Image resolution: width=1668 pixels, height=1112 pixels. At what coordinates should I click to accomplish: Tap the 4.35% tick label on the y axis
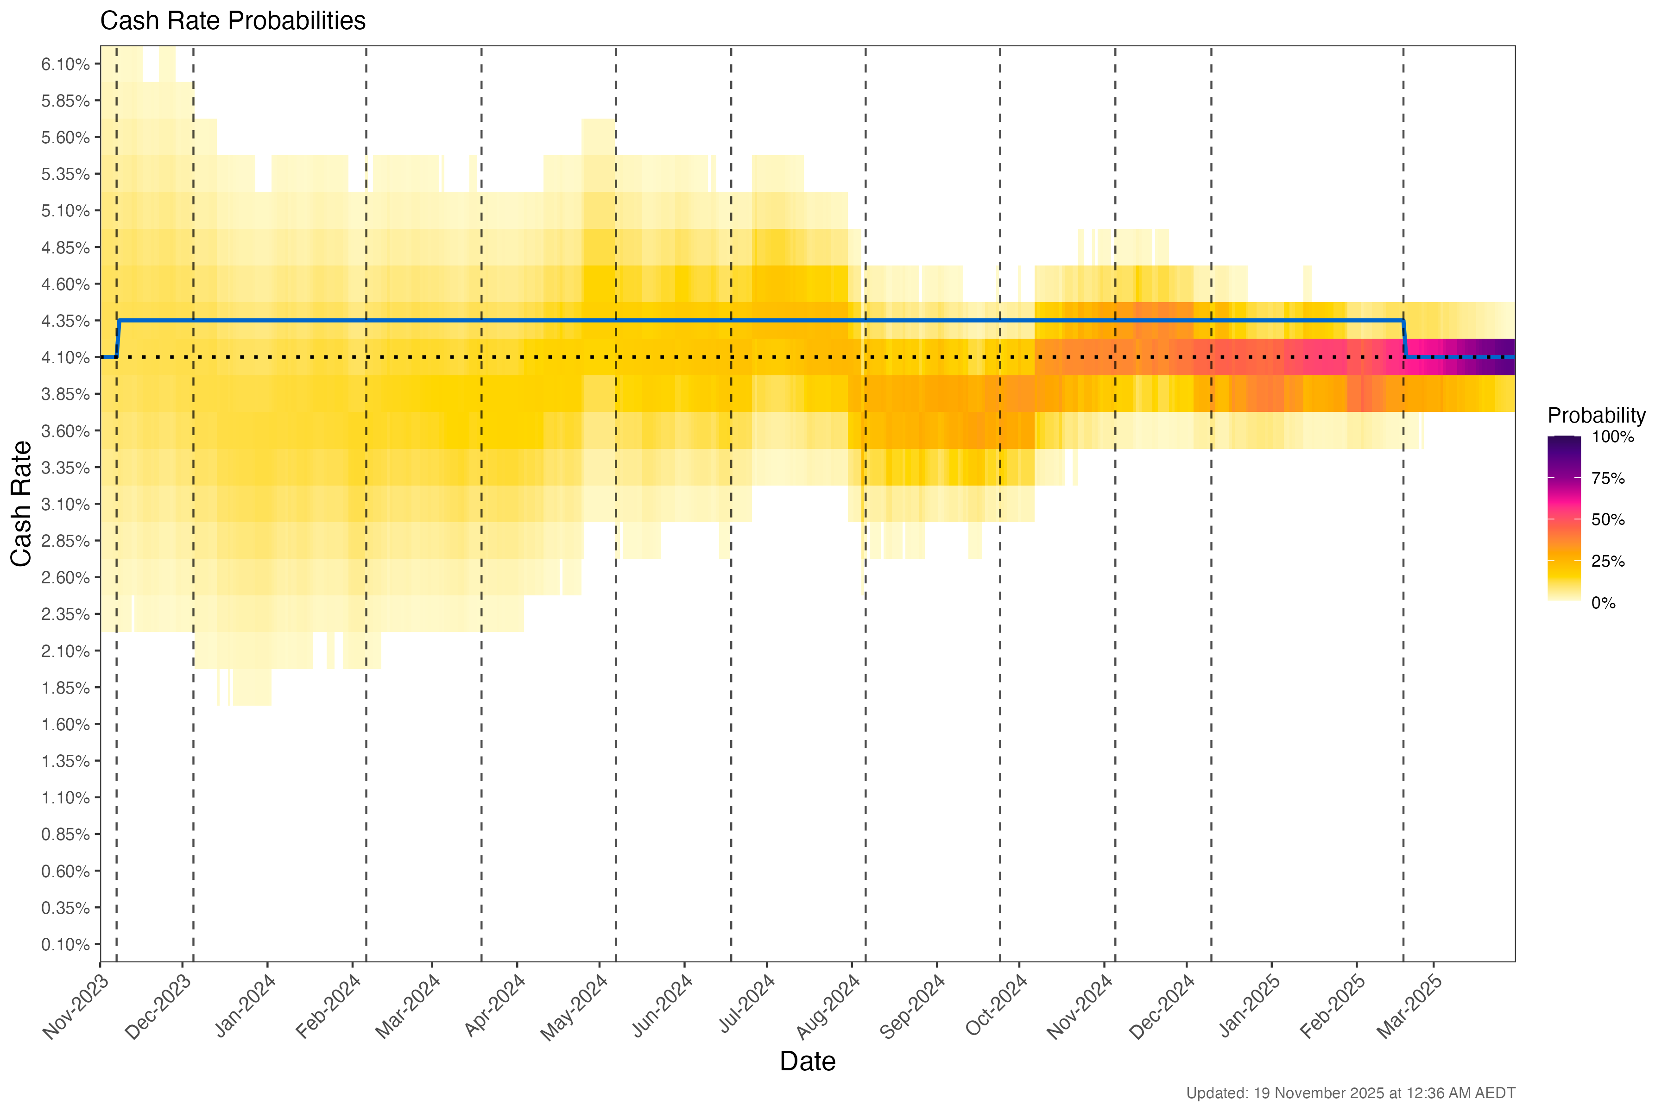point(65,321)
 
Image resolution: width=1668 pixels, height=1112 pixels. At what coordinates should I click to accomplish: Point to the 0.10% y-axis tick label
point(65,945)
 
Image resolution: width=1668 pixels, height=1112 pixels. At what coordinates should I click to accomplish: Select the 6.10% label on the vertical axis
point(65,64)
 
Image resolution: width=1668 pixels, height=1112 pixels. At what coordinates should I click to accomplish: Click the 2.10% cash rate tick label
point(65,651)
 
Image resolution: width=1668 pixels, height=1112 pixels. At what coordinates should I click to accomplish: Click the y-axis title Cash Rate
point(21,504)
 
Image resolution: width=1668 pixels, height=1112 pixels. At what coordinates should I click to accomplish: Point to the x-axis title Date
point(807,1061)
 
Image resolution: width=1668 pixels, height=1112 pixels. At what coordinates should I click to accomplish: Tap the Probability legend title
point(1596,416)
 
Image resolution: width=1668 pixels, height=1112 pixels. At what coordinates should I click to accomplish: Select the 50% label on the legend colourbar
point(1608,520)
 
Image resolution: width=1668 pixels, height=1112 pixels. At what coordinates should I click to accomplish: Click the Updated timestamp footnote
point(1350,1093)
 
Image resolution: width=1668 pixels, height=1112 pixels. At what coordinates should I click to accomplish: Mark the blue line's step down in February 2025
point(1405,339)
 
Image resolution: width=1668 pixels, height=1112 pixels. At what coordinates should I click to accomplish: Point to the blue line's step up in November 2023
point(119,339)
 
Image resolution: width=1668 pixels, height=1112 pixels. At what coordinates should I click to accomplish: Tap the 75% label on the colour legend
point(1608,479)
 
